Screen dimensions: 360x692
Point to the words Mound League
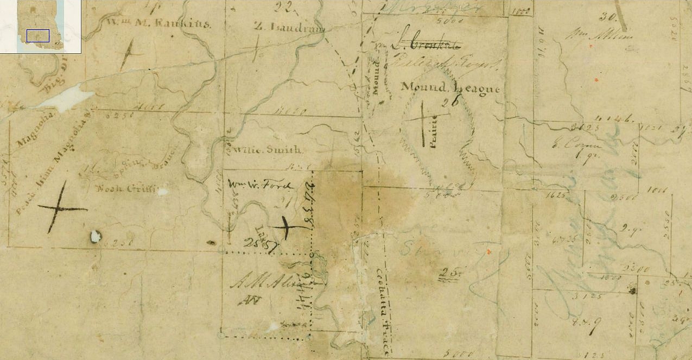pyautogui.click(x=450, y=87)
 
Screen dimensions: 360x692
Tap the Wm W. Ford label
pyautogui.click(x=261, y=185)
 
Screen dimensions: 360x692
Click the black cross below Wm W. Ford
pyautogui.click(x=288, y=227)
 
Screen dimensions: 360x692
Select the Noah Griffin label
pyautogui.click(x=126, y=189)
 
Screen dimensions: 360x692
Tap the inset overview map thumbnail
pyautogui.click(x=40, y=27)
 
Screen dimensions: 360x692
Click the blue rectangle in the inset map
pyautogui.click(x=38, y=36)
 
